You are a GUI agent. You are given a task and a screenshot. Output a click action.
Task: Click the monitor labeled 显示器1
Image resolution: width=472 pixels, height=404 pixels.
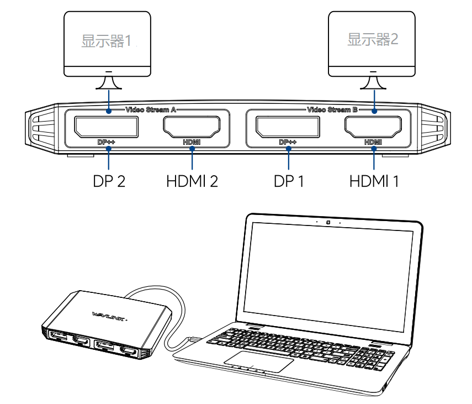[108, 41]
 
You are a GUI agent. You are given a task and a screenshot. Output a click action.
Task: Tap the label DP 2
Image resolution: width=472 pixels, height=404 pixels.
[108, 181]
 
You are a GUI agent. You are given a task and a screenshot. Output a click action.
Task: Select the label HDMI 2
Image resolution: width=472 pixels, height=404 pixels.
[192, 181]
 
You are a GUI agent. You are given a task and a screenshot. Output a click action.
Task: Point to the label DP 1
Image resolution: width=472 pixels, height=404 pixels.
[289, 181]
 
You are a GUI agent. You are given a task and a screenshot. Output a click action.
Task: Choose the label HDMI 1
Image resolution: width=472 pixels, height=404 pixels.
[374, 181]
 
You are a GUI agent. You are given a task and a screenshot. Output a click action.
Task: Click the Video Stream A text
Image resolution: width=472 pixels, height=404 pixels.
[150, 109]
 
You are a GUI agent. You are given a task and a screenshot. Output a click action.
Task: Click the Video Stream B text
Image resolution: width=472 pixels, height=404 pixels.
[332, 109]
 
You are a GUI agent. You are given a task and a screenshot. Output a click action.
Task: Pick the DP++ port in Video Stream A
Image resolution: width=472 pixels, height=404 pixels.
[107, 127]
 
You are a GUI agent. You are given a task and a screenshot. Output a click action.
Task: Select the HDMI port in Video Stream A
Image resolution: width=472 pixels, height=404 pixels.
[192, 127]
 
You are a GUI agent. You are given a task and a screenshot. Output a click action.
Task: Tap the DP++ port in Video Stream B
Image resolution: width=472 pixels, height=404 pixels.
[288, 127]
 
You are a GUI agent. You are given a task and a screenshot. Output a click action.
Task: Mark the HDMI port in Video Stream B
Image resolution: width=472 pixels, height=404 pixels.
[374, 127]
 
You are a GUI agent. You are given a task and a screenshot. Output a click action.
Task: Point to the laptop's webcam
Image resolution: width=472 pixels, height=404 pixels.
[328, 223]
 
